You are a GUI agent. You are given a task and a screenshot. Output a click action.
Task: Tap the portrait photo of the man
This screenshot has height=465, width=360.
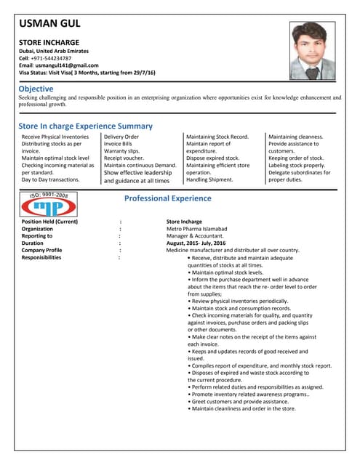[x=313, y=49]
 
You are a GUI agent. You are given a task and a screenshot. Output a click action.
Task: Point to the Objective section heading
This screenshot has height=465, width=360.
[x=36, y=89]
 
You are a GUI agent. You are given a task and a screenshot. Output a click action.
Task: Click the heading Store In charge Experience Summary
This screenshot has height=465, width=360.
[x=85, y=126]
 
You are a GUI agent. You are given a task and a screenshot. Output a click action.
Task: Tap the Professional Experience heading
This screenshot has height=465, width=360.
[x=168, y=198]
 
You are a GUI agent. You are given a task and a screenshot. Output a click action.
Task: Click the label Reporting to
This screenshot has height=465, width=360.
[x=37, y=236]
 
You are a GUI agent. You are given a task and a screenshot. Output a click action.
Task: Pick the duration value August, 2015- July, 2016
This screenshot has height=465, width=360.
[x=196, y=243]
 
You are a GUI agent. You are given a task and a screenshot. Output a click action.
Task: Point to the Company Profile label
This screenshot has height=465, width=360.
[x=41, y=251]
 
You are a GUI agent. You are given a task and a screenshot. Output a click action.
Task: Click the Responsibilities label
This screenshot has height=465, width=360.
[x=47, y=258]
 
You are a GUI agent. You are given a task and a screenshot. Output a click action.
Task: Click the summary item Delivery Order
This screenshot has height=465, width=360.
[x=121, y=137]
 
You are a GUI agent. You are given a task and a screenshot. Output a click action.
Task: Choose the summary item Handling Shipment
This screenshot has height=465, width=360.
[x=209, y=179]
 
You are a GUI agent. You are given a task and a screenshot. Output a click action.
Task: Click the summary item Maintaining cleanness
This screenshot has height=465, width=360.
[x=296, y=137]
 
